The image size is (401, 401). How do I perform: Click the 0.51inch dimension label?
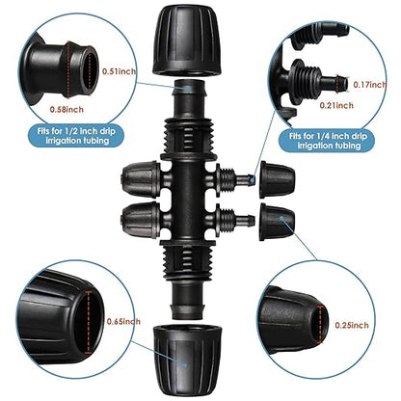pos(119,70)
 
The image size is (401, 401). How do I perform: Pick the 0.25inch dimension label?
pos(350,326)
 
